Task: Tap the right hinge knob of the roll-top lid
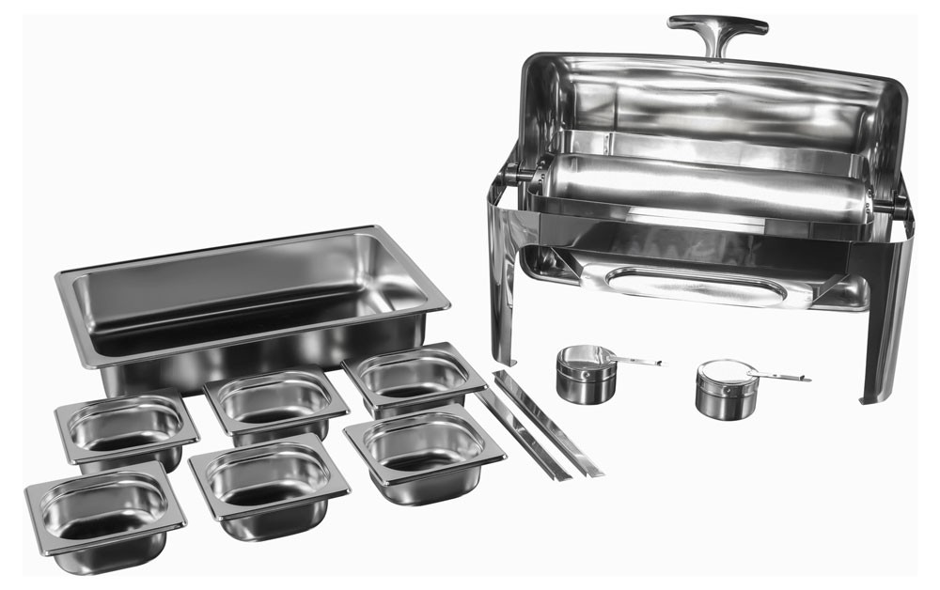pyautogui.click(x=900, y=206)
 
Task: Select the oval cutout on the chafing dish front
pyautogui.click(x=696, y=285)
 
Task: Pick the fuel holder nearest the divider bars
pyautogui.click(x=586, y=373)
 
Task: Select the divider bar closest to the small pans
pyautogui.click(x=523, y=435)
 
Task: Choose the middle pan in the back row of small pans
pyautogui.click(x=275, y=402)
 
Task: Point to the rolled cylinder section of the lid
pyautogui.click(x=700, y=188)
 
